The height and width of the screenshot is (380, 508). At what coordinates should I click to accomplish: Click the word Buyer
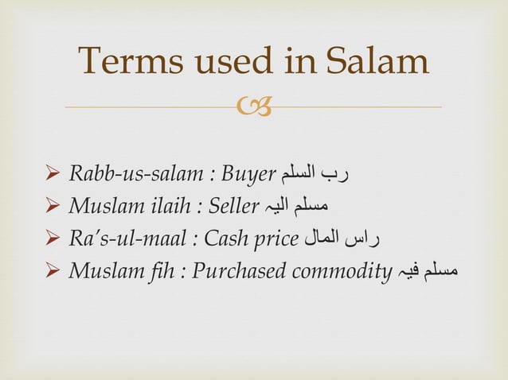pos(248,173)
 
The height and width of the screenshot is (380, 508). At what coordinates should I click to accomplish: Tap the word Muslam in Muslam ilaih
pos(100,206)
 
